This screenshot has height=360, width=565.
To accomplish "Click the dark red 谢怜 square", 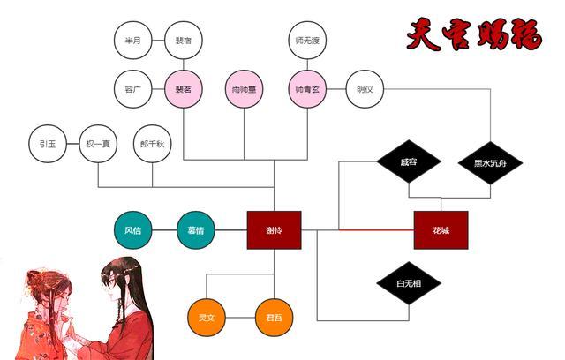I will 274,230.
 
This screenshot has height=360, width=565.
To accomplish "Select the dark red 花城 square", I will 441,230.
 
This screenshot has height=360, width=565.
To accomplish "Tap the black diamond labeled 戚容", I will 408,162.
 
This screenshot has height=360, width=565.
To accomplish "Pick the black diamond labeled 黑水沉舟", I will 490,162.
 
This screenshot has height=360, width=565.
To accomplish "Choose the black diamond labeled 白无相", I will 408,284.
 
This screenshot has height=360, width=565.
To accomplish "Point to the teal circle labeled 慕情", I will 196,230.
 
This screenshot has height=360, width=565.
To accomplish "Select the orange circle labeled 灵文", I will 207,318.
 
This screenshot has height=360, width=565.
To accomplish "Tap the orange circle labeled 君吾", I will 274,318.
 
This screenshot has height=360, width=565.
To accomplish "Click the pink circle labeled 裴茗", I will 184,89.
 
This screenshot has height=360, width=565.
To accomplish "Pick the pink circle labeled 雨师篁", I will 245,89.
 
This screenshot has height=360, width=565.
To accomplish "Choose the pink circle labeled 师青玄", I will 306,89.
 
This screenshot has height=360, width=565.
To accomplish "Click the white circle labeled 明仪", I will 365,89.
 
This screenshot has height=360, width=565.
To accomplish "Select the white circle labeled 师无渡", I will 306,40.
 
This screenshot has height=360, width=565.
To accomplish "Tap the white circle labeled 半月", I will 133,40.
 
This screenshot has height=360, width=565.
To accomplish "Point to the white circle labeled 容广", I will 133,89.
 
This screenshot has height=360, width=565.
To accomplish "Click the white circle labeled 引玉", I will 48,143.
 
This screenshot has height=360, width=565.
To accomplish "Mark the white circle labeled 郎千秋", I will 152,143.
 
